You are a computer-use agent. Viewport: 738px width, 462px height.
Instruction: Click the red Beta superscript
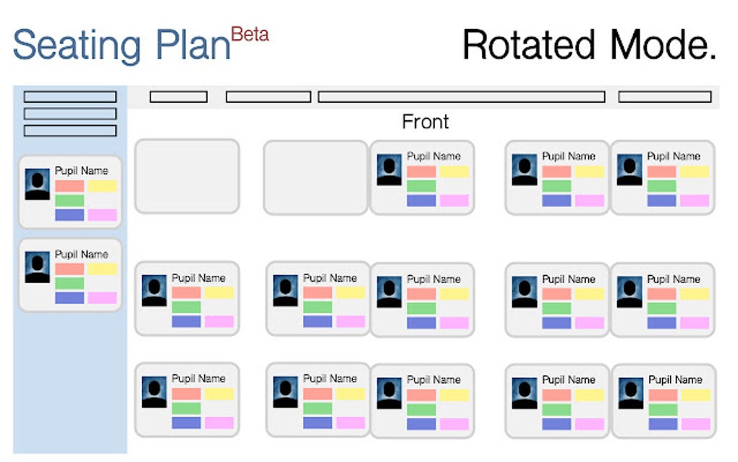pyautogui.click(x=250, y=34)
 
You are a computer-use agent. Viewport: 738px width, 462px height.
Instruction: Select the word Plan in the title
pyautogui.click(x=190, y=44)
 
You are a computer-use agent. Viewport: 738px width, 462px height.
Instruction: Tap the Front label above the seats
pyautogui.click(x=425, y=122)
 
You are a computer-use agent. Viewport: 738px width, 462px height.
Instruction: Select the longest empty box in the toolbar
pyautogui.click(x=461, y=96)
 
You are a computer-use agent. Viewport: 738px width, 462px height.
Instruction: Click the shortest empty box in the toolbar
pyautogui.click(x=178, y=96)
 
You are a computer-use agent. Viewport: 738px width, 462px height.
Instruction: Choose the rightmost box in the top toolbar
pyautogui.click(x=664, y=96)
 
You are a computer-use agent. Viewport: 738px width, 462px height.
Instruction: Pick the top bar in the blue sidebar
pyautogui.click(x=69, y=96)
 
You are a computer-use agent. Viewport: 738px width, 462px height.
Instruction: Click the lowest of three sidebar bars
pyautogui.click(x=69, y=131)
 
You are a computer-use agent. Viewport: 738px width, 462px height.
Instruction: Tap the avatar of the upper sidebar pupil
pyautogui.click(x=38, y=184)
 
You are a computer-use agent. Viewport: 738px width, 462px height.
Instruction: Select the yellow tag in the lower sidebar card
pyautogui.click(x=102, y=269)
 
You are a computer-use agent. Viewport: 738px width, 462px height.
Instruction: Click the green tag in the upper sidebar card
pyautogui.click(x=69, y=201)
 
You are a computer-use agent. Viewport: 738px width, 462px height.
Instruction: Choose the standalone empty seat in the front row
pyautogui.click(x=187, y=177)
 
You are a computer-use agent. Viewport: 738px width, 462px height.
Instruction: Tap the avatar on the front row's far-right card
pyautogui.click(x=629, y=169)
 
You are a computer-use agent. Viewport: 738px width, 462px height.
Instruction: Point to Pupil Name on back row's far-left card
pyautogui.click(x=198, y=379)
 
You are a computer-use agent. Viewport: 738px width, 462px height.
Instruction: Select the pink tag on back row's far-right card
pyautogui.click(x=695, y=424)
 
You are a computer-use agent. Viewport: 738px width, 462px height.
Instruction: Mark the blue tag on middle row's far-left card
pyautogui.click(x=186, y=322)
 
